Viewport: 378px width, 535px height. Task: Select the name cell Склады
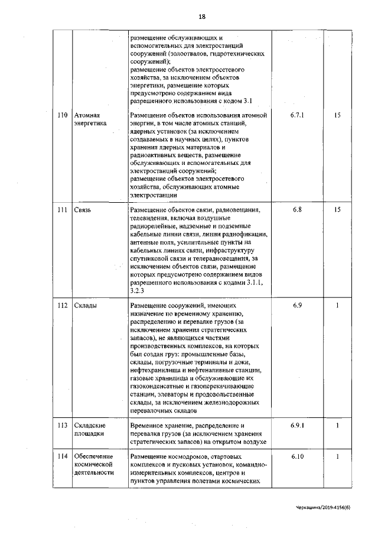pos(86,306)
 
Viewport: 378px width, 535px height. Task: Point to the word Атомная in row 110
pos(87,115)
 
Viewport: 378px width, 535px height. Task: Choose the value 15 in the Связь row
pos(337,210)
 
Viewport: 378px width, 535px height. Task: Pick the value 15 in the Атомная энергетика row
pos(337,115)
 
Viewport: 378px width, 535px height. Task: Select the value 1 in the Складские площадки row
pos(337,425)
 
